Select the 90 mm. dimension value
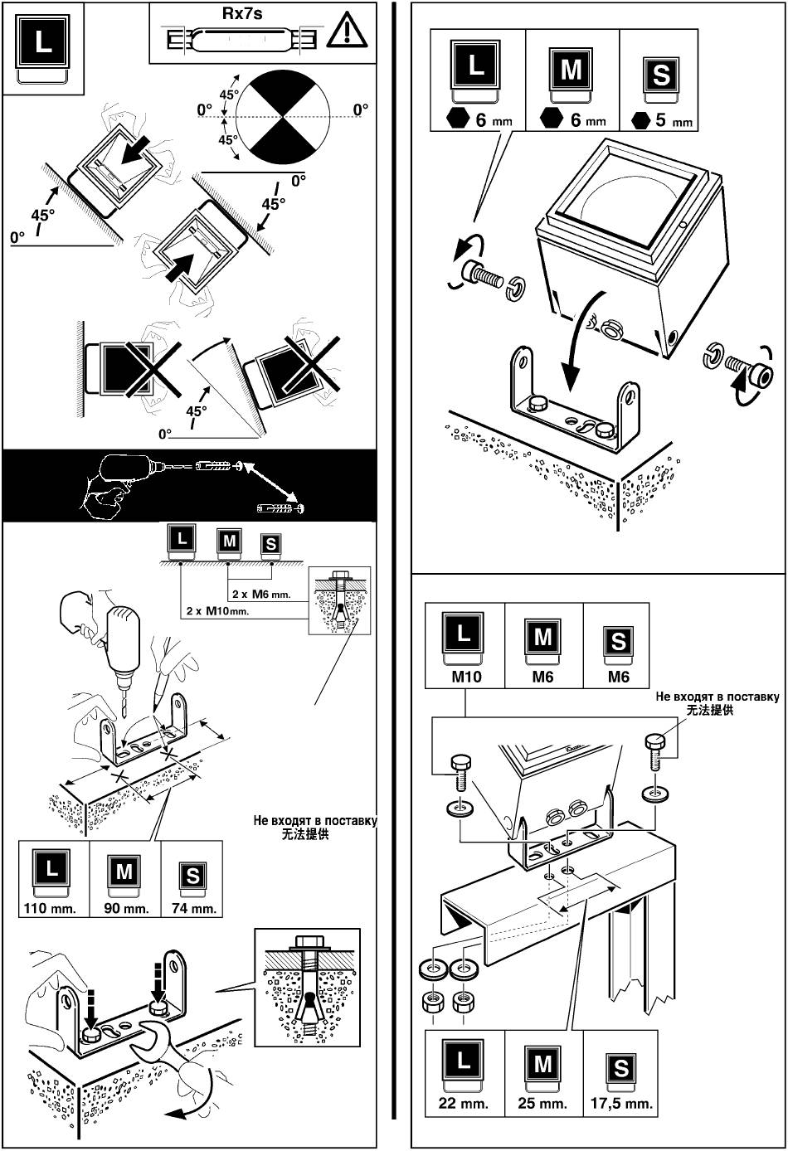(125, 908)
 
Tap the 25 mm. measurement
(542, 1104)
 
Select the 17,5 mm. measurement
(622, 1104)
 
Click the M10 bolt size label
(466, 677)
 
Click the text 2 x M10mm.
(217, 610)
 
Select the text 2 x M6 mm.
(262, 594)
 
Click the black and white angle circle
(284, 116)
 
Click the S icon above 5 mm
(661, 74)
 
